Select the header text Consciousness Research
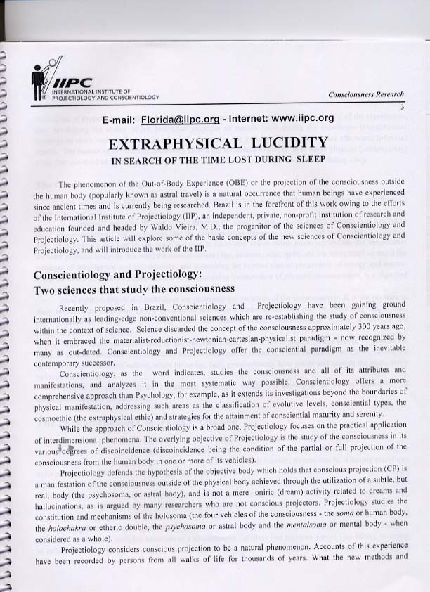(366, 94)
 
